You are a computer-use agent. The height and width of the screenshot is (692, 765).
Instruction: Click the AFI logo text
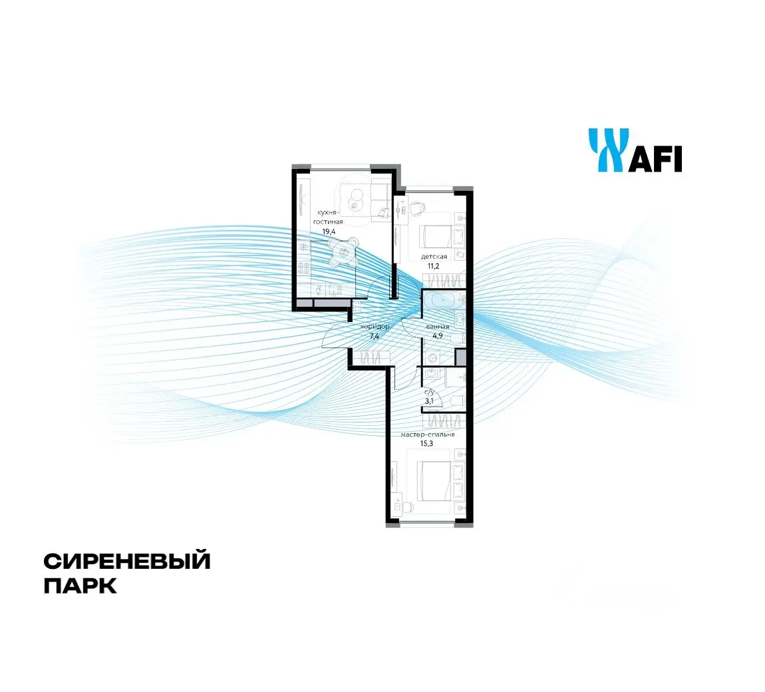[x=655, y=158]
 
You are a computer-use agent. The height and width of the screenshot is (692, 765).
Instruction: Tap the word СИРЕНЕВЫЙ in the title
[x=127, y=561]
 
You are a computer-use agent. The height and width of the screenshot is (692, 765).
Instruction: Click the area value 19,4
[x=329, y=232]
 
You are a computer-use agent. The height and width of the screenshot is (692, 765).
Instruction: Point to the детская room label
[x=434, y=257]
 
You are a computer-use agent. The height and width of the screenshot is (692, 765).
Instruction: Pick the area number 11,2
[x=434, y=266]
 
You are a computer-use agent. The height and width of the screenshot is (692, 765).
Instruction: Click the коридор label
[x=375, y=327]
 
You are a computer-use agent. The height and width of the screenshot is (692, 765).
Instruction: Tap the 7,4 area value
[x=375, y=336]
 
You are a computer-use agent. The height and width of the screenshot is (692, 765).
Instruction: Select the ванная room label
[x=438, y=327]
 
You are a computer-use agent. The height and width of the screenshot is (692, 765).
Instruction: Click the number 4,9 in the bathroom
[x=437, y=336]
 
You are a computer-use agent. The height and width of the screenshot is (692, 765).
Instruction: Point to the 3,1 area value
[x=429, y=401]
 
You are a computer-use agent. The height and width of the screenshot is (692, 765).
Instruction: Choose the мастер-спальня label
[x=428, y=434]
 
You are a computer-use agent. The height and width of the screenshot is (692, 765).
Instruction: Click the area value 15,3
[x=426, y=444]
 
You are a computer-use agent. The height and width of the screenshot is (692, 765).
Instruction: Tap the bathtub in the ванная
[x=442, y=299]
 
